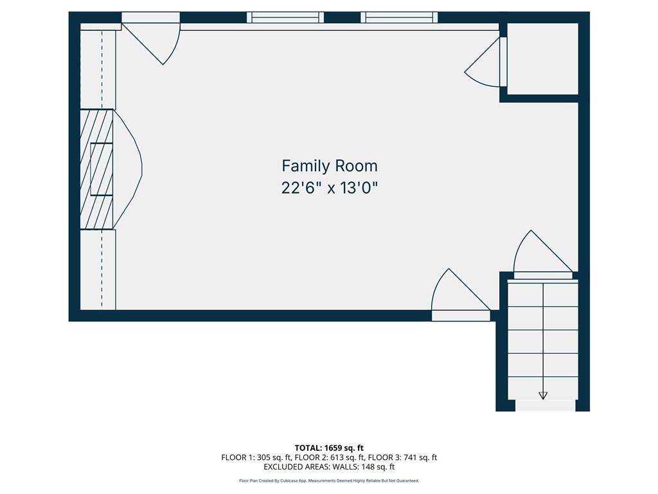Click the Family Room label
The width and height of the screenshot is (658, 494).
pos(330,167)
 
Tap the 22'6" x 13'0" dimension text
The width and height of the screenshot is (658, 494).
pos(330,188)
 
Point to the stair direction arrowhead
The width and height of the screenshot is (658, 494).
pos(543,396)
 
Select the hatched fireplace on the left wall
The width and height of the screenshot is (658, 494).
pos(96,169)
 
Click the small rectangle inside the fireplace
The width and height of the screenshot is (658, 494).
pos(102,169)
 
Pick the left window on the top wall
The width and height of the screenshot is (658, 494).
pos(285,17)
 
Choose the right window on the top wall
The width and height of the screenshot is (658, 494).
pos(399,17)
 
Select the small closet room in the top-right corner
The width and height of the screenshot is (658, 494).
pos(542,59)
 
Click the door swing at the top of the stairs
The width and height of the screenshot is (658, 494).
pos(543,252)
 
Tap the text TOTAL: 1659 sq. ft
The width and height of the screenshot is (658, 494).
pos(329,448)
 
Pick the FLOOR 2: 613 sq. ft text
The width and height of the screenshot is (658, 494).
pos(328,457)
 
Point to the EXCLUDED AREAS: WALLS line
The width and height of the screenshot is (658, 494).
pos(329,467)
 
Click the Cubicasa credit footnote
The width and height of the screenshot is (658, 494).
pos(329,480)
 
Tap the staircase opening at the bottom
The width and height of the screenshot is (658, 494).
pos(545,406)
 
